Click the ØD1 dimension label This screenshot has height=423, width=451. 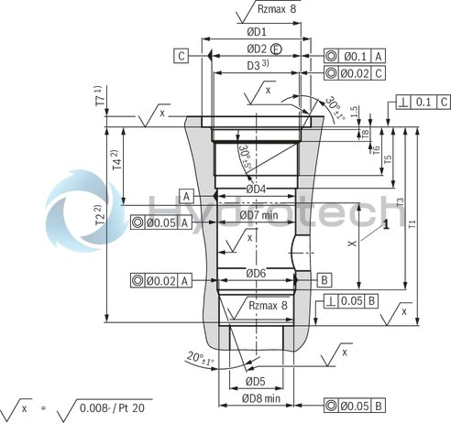[x=256, y=31]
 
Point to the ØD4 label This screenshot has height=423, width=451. [x=256, y=189]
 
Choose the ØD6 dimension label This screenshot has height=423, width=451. [x=256, y=273]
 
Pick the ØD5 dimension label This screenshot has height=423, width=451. [x=255, y=381]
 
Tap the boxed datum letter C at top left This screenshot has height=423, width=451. [x=182, y=57]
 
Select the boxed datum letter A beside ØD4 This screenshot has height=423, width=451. [x=185, y=197]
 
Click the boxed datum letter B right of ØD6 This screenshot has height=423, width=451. [x=324, y=277]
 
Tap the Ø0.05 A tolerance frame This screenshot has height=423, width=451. [x=160, y=221]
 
